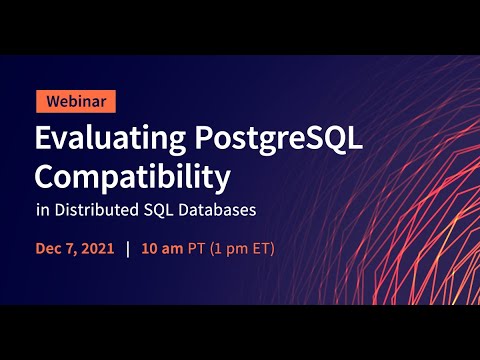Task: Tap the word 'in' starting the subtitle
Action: tap(42, 211)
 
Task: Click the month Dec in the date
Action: tap(49, 247)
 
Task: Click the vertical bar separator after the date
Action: tap(128, 247)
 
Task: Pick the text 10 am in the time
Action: tap(161, 247)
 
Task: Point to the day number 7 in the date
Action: tap(71, 247)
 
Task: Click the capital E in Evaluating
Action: tap(43, 139)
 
